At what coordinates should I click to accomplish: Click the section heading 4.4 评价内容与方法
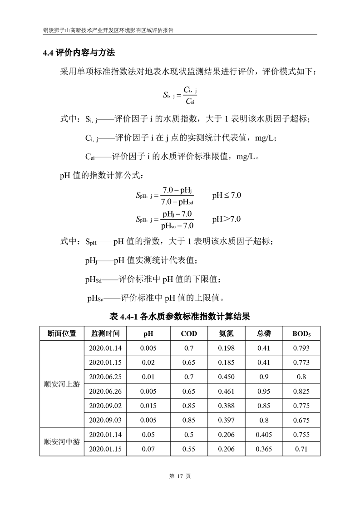tap(79, 53)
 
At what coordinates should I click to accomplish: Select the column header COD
tap(189, 333)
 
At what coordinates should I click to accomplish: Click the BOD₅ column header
tap(302, 333)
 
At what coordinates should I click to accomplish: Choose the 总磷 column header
tap(264, 333)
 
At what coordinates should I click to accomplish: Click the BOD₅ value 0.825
tap(302, 391)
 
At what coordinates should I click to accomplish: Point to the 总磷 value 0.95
tap(264, 391)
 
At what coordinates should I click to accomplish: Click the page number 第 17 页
tap(180, 476)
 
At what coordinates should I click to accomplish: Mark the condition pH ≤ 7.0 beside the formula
tap(227, 196)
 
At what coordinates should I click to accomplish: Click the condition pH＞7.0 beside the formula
tap(227, 219)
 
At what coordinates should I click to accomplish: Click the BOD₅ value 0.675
tap(302, 420)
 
